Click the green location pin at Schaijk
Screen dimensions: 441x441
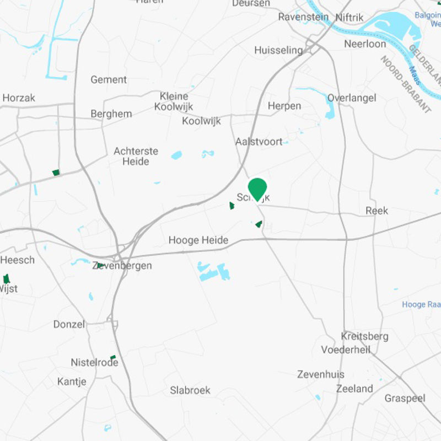pyautogui.click(x=257, y=189)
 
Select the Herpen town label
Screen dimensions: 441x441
pyautogui.click(x=284, y=106)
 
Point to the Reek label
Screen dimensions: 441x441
pyautogui.click(x=377, y=211)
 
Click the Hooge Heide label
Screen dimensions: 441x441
pyautogui.click(x=198, y=240)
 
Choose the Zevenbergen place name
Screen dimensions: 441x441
pyautogui.click(x=122, y=266)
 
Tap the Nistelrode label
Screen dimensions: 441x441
pyautogui.click(x=94, y=362)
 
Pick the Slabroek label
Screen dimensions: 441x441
pyautogui.click(x=190, y=390)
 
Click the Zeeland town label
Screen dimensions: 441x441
pyautogui.click(x=354, y=389)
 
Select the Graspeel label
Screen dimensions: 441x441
pyautogui.click(x=405, y=398)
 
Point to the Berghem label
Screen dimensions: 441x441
pyautogui.click(x=111, y=114)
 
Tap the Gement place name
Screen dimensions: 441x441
pyautogui.click(x=109, y=79)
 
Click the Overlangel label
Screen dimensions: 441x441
pyautogui.click(x=352, y=98)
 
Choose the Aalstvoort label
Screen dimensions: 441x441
pyautogui.click(x=259, y=142)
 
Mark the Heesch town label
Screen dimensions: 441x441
pyautogui.click(x=18, y=260)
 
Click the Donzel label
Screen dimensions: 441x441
pyautogui.click(x=69, y=324)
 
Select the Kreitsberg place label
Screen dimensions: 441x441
pyautogui.click(x=364, y=336)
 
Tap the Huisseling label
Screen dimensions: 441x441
pyautogui.click(x=278, y=50)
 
